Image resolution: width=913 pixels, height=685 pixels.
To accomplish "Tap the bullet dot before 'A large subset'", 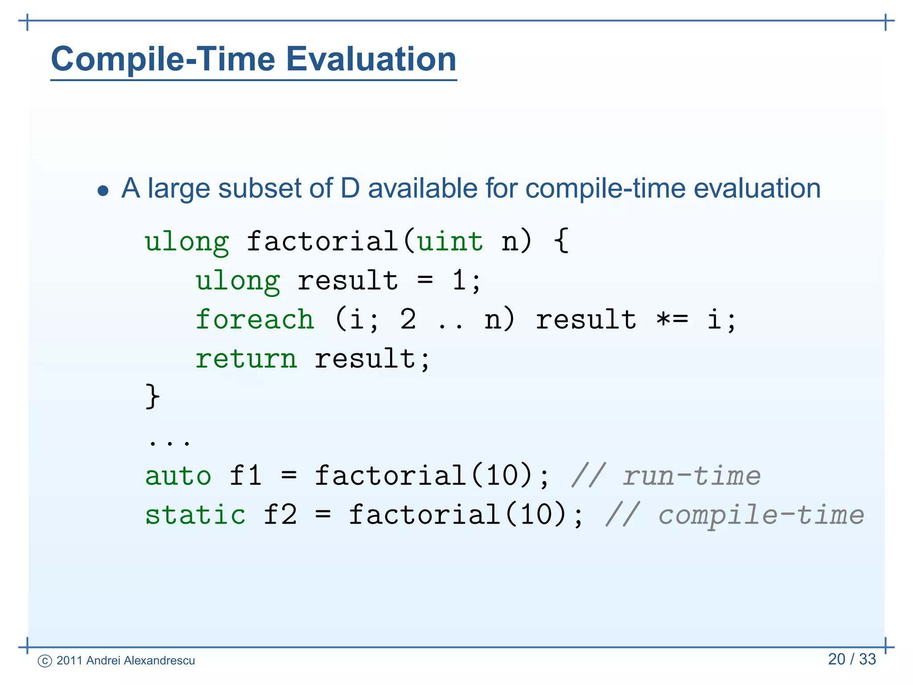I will (x=103, y=191).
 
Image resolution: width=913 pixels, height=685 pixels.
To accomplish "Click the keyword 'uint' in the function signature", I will (x=450, y=241).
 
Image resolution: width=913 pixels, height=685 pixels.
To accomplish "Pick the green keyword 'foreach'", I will (x=255, y=320).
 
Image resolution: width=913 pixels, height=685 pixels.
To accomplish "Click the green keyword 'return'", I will (x=246, y=359).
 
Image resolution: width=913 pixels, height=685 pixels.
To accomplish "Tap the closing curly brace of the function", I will (x=152, y=396).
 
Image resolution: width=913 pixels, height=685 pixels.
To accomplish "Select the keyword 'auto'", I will (x=178, y=475).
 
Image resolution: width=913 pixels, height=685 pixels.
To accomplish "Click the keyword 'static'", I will (x=195, y=515).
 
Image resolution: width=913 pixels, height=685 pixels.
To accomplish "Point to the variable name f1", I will (x=246, y=475).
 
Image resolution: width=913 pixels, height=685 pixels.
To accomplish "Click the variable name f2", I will (x=280, y=515).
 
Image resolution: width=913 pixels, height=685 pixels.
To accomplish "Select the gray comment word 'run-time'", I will (x=691, y=476).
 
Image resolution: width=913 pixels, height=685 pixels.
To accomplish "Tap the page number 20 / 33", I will (x=852, y=659).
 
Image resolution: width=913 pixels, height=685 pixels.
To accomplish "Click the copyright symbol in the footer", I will (x=45, y=661).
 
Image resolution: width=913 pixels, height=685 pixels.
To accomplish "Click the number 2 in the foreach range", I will (x=408, y=319).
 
